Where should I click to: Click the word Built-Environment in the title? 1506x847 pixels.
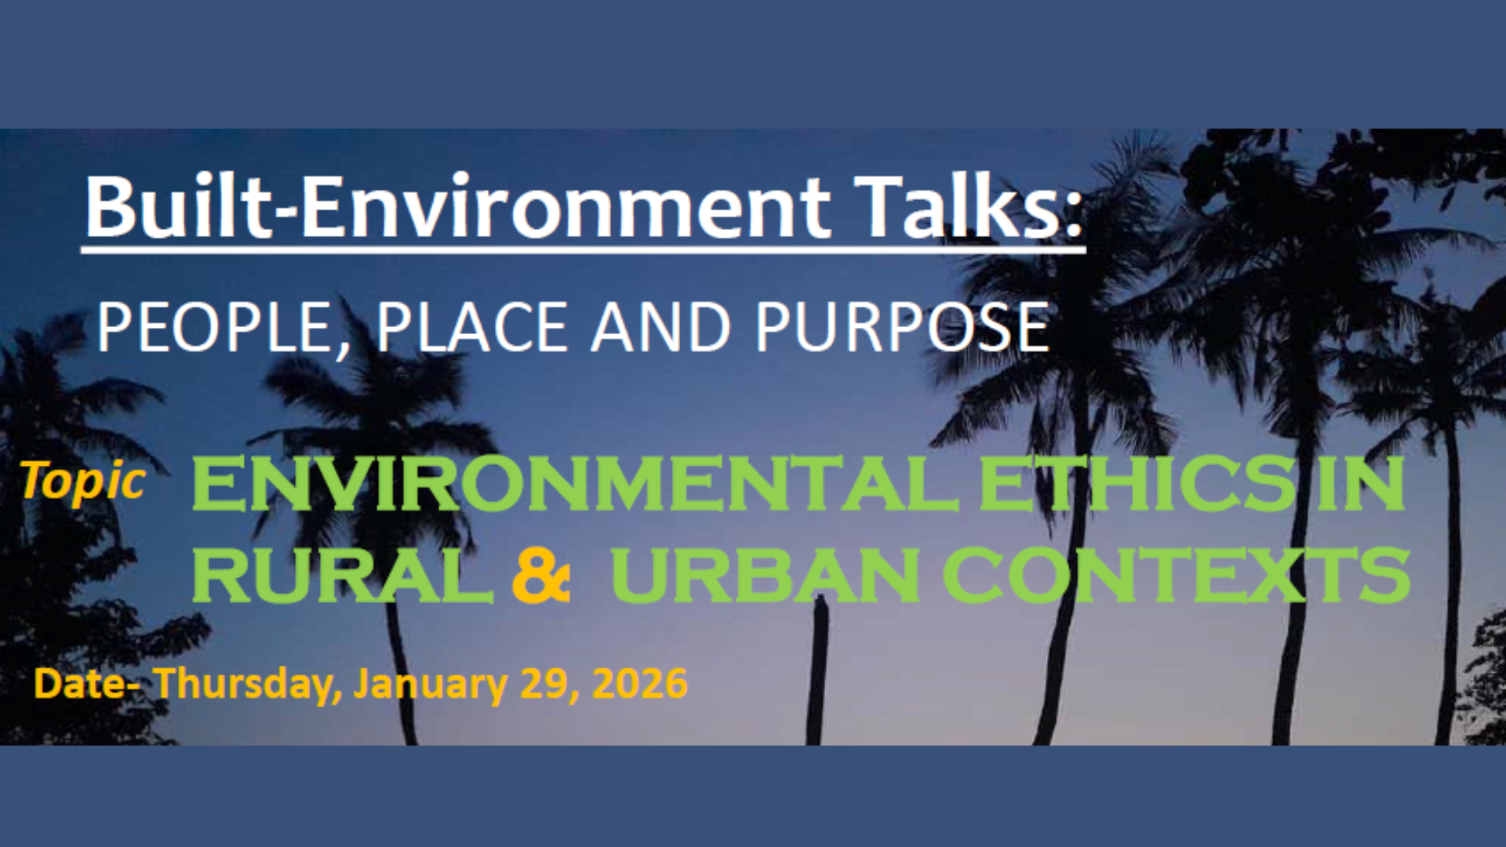pyautogui.click(x=457, y=205)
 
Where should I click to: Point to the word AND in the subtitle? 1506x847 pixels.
pyautogui.click(x=660, y=327)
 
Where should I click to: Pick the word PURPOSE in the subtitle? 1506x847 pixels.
pyautogui.click(x=902, y=327)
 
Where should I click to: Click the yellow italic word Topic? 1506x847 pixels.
pyautogui.click(x=82, y=481)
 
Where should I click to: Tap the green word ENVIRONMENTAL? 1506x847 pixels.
pyautogui.click(x=575, y=484)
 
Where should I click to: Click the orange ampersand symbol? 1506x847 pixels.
pyautogui.click(x=540, y=576)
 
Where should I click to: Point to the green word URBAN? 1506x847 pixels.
pyautogui.click(x=766, y=575)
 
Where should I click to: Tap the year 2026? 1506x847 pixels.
pyautogui.click(x=640, y=684)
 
